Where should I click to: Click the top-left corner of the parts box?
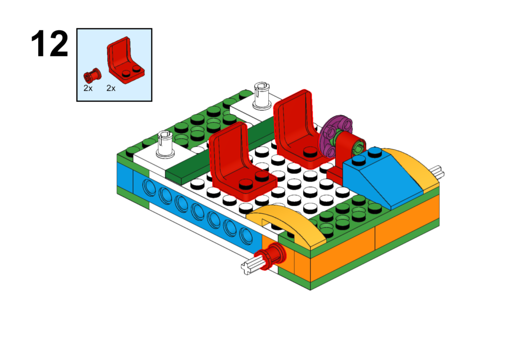tap(77, 28)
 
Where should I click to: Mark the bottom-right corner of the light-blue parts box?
tap(152, 101)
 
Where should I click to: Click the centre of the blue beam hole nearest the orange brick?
tap(246, 236)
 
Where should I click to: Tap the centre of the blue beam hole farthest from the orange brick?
tap(149, 188)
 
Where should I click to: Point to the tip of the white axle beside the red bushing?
tap(244, 269)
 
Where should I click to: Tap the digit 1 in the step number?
tap(40, 44)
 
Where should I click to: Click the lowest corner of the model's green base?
tap(311, 290)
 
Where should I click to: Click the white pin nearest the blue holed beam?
tap(165, 144)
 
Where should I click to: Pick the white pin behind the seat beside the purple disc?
tap(262, 96)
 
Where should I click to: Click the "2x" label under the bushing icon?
tap(88, 88)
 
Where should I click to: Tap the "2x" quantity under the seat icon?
tap(111, 88)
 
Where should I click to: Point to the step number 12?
tap(50, 44)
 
